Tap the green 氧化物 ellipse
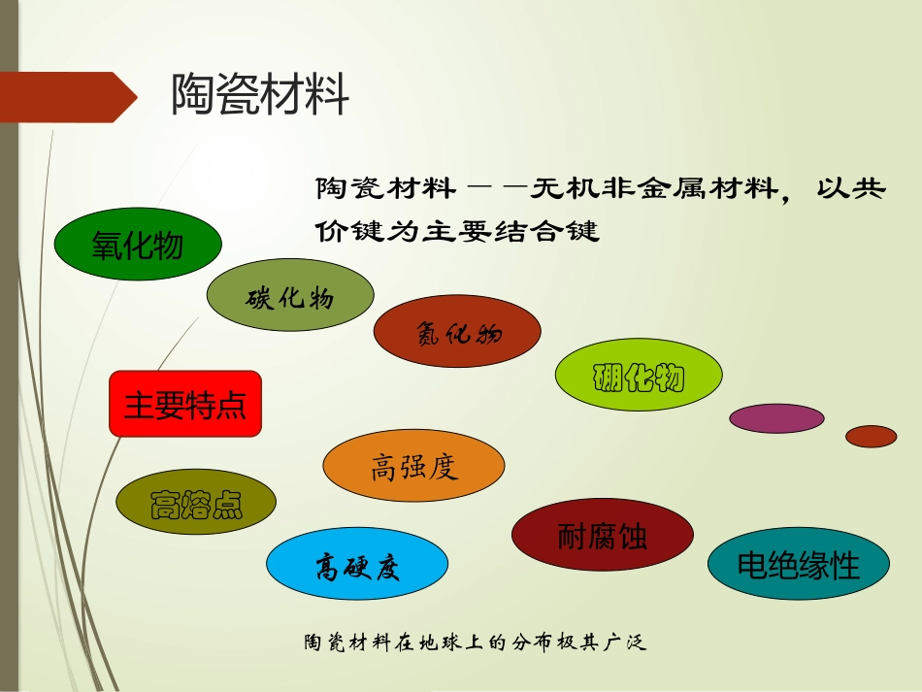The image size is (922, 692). pos(138,245)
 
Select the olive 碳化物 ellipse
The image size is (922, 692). pos(289,297)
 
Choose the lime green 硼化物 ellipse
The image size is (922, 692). pos(639,378)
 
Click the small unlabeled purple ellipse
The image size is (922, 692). pos(776,418)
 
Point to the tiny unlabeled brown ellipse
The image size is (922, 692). pos(871,437)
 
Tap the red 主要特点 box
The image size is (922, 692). pos(185,403)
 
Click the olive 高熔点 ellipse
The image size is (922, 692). pos(196,505)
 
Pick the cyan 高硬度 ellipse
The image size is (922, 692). pos(356,566)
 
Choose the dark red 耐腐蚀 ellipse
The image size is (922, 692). pos(602,536)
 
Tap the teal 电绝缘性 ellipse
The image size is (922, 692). pos(798,564)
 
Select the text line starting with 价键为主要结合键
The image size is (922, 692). pos(457,232)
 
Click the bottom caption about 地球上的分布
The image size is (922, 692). pos(475,643)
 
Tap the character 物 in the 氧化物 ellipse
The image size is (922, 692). pos(168,246)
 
